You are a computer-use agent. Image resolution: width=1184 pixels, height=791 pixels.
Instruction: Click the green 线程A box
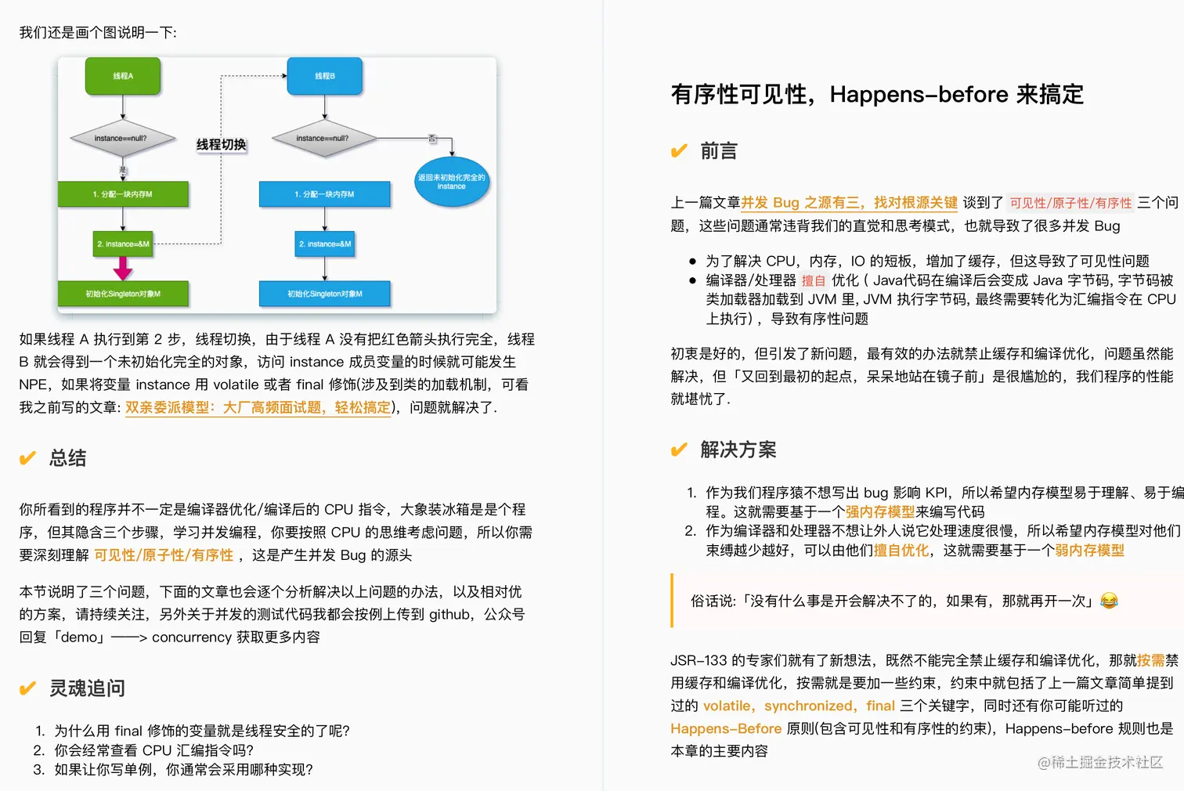[123, 76]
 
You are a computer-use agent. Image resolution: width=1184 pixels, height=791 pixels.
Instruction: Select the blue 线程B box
[325, 76]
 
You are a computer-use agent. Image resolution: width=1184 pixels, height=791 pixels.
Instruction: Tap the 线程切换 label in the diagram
[221, 145]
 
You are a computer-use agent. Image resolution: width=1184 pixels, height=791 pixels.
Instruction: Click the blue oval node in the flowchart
[451, 182]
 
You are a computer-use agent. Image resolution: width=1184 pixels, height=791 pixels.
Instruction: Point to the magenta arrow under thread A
[123, 268]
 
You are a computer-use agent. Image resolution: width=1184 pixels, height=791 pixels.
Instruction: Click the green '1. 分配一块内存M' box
[123, 194]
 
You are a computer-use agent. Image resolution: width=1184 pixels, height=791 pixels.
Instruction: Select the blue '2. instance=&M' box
[325, 244]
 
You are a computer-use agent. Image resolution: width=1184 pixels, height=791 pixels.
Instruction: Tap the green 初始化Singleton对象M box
[123, 294]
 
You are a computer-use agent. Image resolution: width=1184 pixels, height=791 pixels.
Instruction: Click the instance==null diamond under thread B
[323, 139]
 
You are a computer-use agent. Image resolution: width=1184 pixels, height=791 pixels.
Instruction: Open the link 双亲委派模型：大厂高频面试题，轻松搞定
[258, 407]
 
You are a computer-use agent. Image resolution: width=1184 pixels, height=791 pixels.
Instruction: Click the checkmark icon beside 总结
[27, 458]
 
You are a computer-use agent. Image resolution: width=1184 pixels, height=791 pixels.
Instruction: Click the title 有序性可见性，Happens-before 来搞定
[877, 95]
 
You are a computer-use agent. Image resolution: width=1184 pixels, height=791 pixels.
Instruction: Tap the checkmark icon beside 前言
[679, 151]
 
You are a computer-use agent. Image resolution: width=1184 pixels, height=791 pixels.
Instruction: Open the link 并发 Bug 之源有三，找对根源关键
[849, 203]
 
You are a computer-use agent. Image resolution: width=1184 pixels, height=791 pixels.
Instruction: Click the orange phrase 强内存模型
[879, 511]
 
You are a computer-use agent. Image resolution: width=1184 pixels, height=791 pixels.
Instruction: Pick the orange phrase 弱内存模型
[1089, 551]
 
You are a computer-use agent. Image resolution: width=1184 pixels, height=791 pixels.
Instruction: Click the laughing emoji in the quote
[1109, 601]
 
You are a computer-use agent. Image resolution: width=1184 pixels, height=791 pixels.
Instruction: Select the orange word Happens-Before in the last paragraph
[726, 728]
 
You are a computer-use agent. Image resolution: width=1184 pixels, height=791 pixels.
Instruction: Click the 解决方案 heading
[738, 450]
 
